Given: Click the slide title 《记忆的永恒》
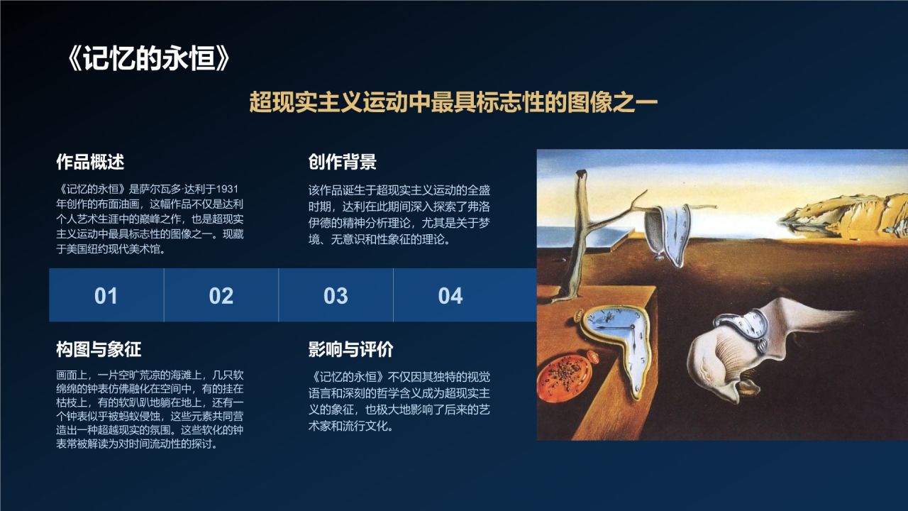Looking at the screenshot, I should [x=148, y=60].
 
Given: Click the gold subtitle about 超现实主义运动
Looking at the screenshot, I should [x=453, y=103].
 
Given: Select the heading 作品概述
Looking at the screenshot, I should [x=90, y=162].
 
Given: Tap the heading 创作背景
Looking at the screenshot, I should [x=342, y=162].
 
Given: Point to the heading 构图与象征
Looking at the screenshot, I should [x=99, y=349].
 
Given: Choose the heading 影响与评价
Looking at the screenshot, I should [x=350, y=349].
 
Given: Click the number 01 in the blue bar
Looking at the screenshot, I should [x=106, y=296].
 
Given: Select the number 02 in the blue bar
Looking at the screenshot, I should [x=221, y=296].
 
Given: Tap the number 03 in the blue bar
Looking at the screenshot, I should [x=336, y=296].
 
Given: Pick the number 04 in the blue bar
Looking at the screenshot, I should [x=450, y=296].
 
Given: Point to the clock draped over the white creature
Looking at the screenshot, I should [x=741, y=330].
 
